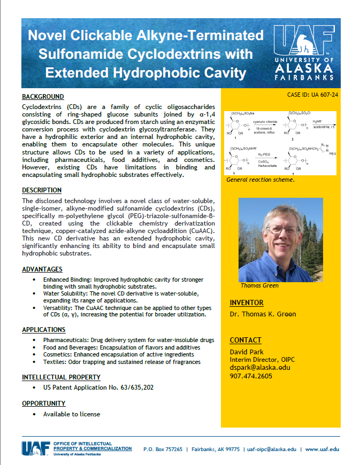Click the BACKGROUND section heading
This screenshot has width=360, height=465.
click(43, 97)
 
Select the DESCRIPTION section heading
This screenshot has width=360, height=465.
click(42, 190)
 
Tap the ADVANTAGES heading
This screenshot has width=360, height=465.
click(42, 269)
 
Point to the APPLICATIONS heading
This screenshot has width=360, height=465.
click(44, 330)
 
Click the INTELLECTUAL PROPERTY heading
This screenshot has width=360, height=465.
click(61, 377)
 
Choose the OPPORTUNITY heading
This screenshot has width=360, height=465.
click(44, 403)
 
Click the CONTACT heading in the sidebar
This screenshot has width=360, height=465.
click(246, 340)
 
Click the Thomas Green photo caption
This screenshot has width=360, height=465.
click(259, 285)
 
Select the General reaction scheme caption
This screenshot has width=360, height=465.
click(261, 180)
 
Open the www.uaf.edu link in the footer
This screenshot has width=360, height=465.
click(322, 449)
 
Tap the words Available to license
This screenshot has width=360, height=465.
click(72, 414)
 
